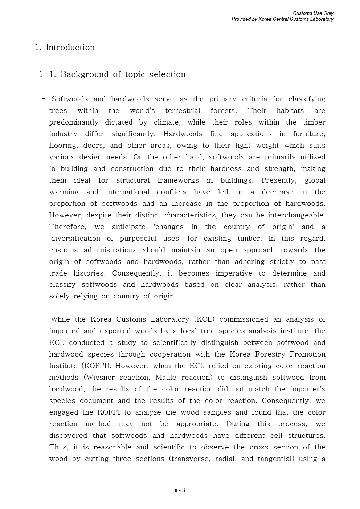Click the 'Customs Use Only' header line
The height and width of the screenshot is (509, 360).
313,13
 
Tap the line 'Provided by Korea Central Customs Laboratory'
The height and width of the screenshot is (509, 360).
282,19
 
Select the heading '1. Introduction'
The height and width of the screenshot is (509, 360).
65,48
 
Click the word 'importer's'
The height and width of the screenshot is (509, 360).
307,389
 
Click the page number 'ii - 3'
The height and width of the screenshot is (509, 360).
180,490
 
